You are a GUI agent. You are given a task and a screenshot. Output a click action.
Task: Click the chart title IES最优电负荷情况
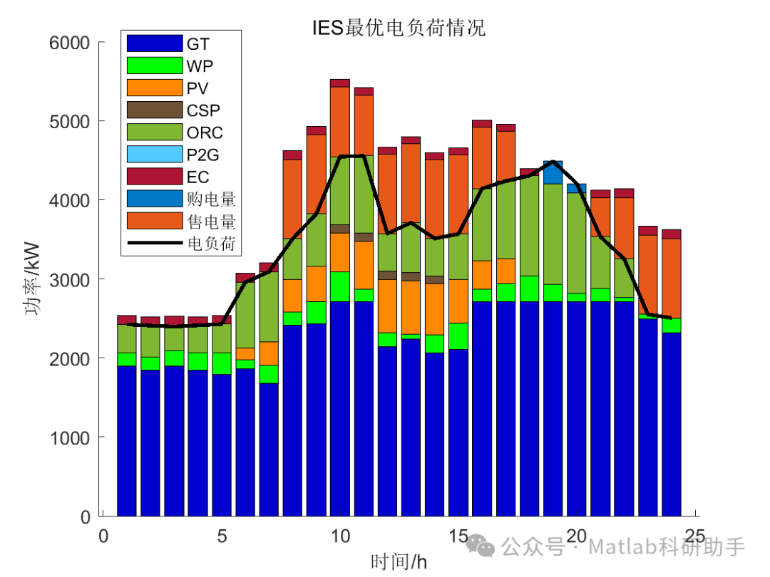click(x=399, y=28)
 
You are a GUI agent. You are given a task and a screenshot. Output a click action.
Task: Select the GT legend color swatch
click(x=155, y=44)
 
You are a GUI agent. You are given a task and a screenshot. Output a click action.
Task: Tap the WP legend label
click(x=200, y=66)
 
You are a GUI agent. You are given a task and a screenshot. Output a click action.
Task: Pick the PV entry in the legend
click(x=198, y=88)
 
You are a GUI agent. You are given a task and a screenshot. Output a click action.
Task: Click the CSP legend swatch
click(x=155, y=110)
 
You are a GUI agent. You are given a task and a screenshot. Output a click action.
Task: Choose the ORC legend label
click(x=205, y=132)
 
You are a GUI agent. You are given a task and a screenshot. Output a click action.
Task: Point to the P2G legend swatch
click(x=155, y=155)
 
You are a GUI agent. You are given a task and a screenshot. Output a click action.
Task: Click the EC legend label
click(x=198, y=177)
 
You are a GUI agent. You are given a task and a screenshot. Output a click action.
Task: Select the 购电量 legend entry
click(x=211, y=199)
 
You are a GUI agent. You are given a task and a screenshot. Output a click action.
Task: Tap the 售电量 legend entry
click(x=211, y=222)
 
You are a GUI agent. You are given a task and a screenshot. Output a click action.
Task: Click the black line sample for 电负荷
click(x=155, y=244)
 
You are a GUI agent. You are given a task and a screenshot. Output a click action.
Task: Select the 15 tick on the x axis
click(x=458, y=536)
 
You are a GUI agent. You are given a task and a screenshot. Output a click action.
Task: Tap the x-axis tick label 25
click(x=694, y=536)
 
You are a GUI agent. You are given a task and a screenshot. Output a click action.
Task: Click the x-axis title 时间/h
click(x=399, y=561)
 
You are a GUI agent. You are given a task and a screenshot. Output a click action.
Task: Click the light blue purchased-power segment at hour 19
click(x=553, y=172)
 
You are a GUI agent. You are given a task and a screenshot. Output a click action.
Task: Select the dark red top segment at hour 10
click(x=340, y=83)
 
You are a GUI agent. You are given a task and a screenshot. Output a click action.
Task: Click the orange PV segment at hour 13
click(x=411, y=307)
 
